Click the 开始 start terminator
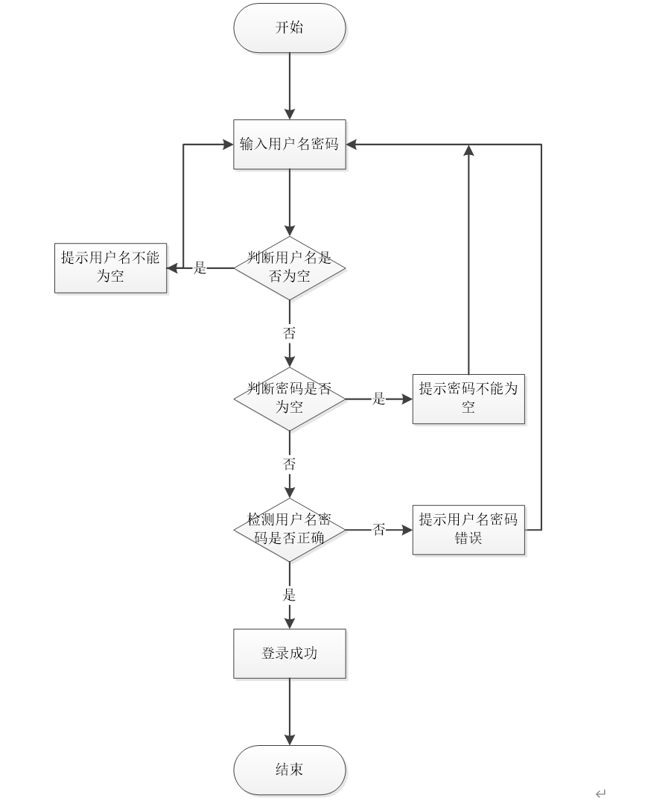tap(290, 28)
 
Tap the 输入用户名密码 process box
tap(290, 145)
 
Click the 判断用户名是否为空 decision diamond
tap(290, 268)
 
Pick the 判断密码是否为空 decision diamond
tap(290, 399)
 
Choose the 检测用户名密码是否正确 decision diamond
tap(290, 529)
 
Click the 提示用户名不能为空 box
tap(110, 268)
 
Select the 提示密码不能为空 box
tap(468, 399)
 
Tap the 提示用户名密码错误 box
tap(468, 529)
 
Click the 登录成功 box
tap(290, 653)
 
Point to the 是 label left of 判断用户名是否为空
tap(200, 268)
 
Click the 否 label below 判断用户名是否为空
tap(290, 333)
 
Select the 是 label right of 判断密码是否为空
tap(379, 399)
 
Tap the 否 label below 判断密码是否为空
tap(290, 463)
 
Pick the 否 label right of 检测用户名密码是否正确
tap(379, 530)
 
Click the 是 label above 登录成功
tap(290, 595)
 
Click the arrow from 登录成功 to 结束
tap(290, 712)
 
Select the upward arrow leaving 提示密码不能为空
tap(468, 261)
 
